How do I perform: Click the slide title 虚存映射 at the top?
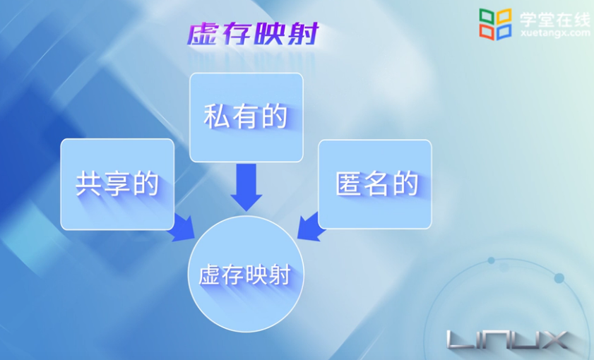tap(253, 35)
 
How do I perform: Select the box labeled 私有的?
tap(246, 117)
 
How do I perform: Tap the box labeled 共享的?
tap(117, 184)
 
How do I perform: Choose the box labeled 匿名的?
tap(375, 184)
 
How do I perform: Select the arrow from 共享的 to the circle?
tap(184, 227)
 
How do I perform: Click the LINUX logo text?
tap(508, 340)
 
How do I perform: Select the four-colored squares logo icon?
tap(495, 24)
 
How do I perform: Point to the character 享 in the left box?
tap(117, 184)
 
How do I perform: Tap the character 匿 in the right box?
tap(348, 184)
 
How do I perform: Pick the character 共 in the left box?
tap(89, 184)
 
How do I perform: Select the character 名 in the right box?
tap(376, 184)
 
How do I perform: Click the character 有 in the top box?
tap(246, 117)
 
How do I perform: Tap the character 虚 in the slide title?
tap(203, 35)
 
